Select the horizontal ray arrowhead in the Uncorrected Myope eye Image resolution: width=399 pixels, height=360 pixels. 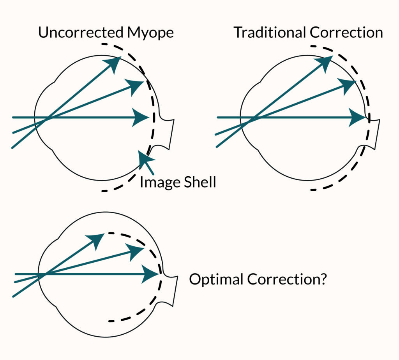[141, 117]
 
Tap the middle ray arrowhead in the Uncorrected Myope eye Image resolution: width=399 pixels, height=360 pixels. [136, 86]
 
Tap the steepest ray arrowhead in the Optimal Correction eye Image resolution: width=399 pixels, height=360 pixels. [96, 239]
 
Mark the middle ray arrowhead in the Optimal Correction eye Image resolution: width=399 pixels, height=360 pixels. [136, 251]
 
